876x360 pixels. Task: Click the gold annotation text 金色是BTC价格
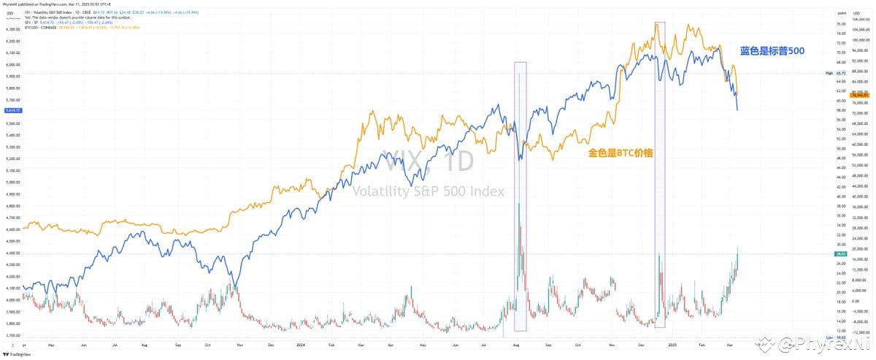(620, 154)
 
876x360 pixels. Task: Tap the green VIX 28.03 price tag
(840, 254)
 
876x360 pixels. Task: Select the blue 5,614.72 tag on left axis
(12, 110)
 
